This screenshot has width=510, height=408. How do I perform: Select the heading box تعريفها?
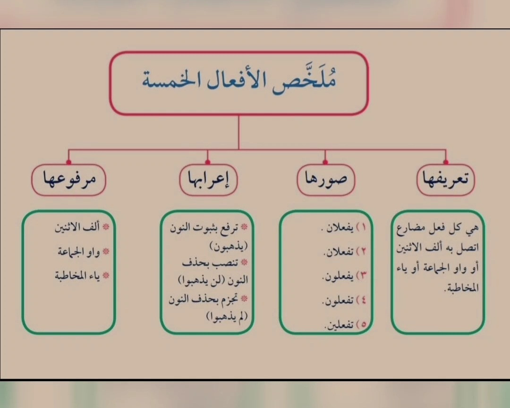pyautogui.click(x=446, y=180)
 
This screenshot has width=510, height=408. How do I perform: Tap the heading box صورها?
pyautogui.click(x=326, y=180)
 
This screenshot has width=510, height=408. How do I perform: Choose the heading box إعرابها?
pyautogui.click(x=209, y=180)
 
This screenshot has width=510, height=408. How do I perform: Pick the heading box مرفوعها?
pyautogui.click(x=68, y=180)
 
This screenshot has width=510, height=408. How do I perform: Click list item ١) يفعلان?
pyautogui.click(x=343, y=228)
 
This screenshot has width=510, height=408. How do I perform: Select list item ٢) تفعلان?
pyautogui.click(x=345, y=252)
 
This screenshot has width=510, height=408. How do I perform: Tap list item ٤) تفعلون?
pyautogui.click(x=344, y=300)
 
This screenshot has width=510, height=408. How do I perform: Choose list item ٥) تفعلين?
pyautogui.click(x=345, y=325)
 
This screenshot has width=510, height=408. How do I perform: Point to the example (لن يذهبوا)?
pyautogui.click(x=213, y=280)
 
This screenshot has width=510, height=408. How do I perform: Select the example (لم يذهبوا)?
pyautogui.click(x=227, y=316)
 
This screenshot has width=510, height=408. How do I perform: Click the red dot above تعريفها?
pyautogui.click(x=446, y=162)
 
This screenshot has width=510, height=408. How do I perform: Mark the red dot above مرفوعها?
pyautogui.click(x=68, y=162)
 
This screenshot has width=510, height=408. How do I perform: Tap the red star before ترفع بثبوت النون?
pyautogui.click(x=245, y=227)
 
